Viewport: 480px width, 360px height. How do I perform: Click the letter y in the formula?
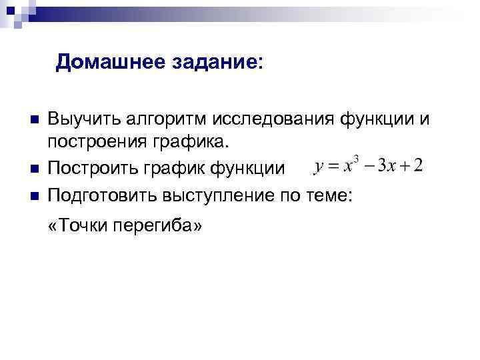click(319, 166)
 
